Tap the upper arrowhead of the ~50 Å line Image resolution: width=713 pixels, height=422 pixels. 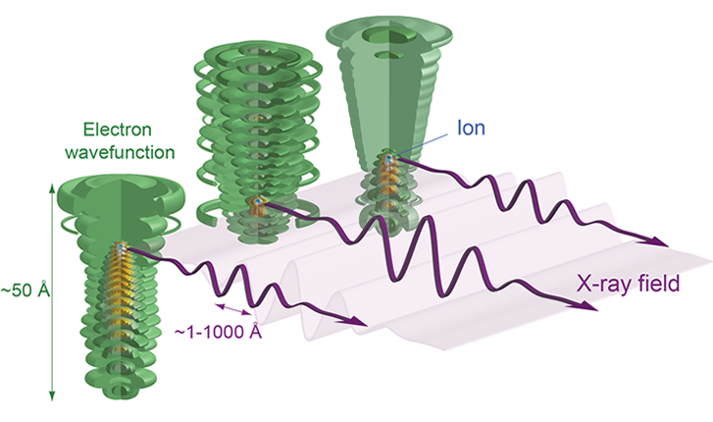tap(49, 183)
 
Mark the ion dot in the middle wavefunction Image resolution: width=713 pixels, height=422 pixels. tap(258, 203)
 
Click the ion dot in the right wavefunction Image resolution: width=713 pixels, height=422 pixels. tap(390, 158)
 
